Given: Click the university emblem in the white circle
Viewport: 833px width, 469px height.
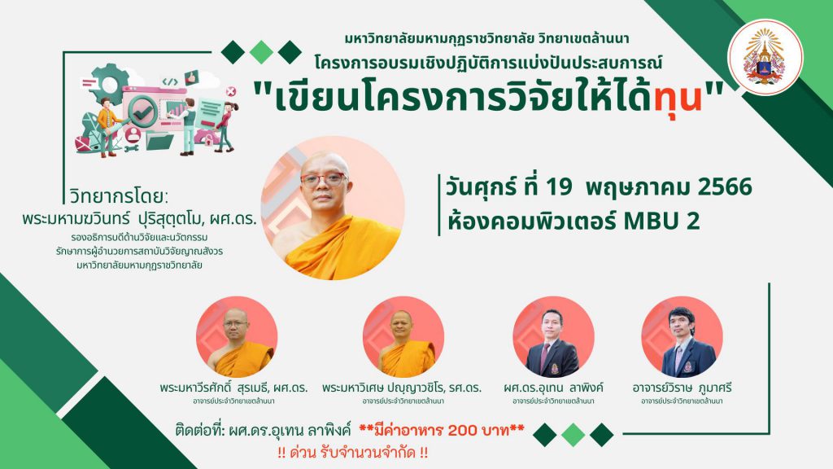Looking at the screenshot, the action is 765,57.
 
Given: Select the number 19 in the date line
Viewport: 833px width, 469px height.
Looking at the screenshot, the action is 559,187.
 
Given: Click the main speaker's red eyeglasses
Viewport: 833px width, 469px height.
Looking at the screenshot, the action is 324,180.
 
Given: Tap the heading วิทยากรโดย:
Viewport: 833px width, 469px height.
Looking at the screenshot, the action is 119,197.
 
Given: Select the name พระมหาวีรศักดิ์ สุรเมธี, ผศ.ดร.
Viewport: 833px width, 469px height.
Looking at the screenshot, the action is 233,388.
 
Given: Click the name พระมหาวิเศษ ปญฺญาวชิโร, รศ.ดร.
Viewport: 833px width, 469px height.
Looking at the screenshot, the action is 402,388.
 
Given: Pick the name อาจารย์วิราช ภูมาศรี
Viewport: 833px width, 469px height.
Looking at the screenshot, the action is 682,388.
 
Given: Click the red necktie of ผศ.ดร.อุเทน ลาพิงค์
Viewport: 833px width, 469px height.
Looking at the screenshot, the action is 544,357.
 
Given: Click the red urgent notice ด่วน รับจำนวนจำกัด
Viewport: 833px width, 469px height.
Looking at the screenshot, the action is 353,453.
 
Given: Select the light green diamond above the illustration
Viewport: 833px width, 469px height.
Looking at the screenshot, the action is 261,52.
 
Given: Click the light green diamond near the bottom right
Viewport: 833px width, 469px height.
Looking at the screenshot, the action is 574,435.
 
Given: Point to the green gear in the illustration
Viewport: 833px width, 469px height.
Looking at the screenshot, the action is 111,84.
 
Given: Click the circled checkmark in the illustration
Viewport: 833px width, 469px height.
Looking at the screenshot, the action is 142,112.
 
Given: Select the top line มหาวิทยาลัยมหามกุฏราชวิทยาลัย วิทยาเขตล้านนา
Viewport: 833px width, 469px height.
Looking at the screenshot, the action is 486,39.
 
